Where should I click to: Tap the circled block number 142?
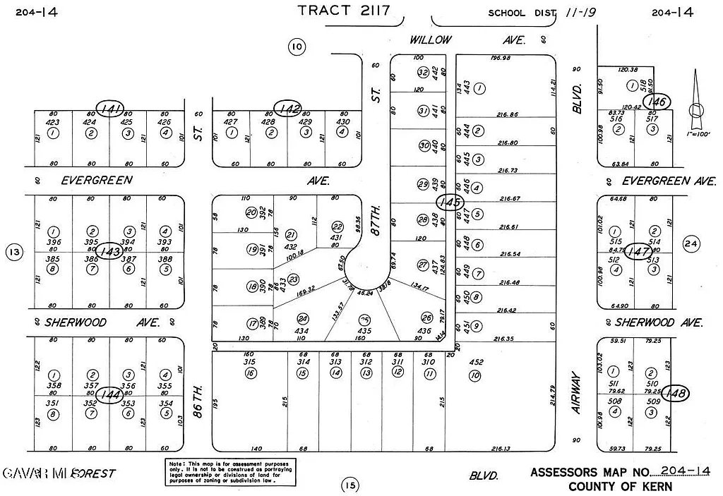tap(289, 109)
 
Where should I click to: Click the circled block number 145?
tap(449, 202)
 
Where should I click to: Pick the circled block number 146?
tap(659, 102)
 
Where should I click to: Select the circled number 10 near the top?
tap(297, 47)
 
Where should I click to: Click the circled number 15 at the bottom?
tap(349, 485)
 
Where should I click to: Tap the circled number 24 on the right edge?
tap(691, 244)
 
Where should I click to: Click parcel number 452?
tap(477, 363)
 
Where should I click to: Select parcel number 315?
tap(249, 362)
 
